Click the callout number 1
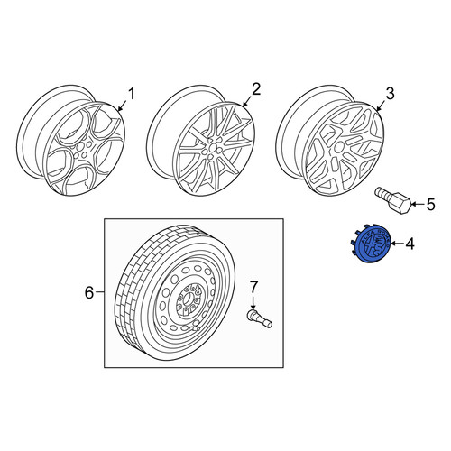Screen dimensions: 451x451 pyautogui.click(x=132, y=94)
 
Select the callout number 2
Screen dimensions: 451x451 pyautogui.click(x=256, y=89)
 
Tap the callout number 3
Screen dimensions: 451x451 pyautogui.click(x=390, y=94)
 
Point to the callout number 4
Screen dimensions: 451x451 pyautogui.click(x=410, y=244)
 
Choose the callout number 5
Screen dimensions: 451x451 pyautogui.click(x=430, y=205)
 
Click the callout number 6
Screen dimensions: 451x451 pyautogui.click(x=89, y=292)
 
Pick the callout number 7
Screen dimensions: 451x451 pyautogui.click(x=253, y=287)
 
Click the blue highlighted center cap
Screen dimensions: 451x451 pyautogui.click(x=372, y=244)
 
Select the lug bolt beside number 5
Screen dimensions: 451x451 pyautogui.click(x=393, y=199)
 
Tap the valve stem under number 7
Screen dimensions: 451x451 pyautogui.click(x=259, y=318)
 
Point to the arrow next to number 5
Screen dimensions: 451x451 pyautogui.click(x=419, y=205)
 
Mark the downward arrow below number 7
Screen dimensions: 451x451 pyautogui.click(x=253, y=302)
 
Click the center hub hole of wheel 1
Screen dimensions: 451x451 pyautogui.click(x=80, y=147)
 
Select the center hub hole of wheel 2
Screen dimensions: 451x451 pyautogui.click(x=213, y=147)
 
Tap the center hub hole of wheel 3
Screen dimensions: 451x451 pyautogui.click(x=339, y=147)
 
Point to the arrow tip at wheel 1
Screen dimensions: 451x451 pyautogui.click(x=119, y=110)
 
